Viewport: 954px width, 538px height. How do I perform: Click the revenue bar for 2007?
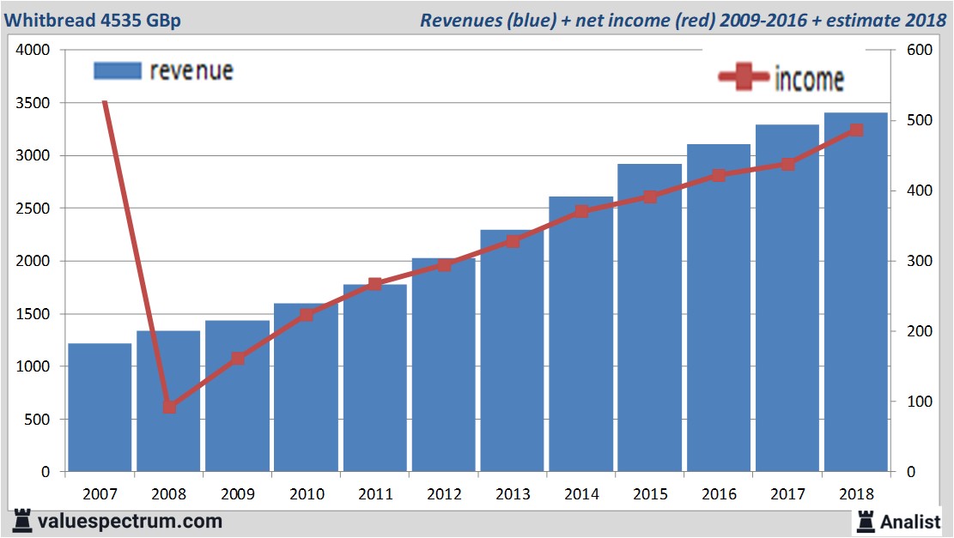click(100, 408)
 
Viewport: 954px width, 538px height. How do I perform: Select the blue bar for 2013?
click(513, 352)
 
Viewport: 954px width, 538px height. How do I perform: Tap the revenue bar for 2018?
click(856, 292)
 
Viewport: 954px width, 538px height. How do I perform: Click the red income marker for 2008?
click(169, 407)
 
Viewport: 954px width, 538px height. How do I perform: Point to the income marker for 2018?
click(856, 130)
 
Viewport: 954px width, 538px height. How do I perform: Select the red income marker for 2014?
click(581, 211)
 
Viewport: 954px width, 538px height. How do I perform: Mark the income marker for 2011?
click(375, 284)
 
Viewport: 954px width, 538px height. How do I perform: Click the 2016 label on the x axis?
click(719, 494)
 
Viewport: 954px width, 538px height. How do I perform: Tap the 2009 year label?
click(238, 494)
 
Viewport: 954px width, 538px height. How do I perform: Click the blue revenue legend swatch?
click(117, 71)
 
